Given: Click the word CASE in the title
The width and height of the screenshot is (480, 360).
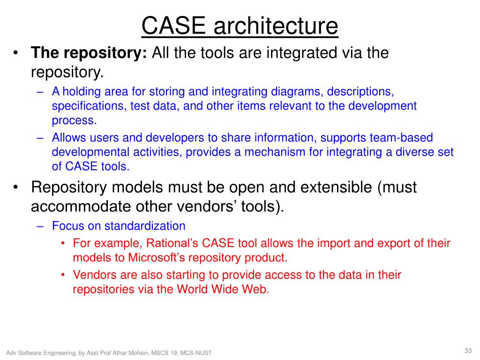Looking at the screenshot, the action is tap(174, 26).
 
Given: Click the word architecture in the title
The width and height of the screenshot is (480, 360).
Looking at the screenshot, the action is tap(276, 26).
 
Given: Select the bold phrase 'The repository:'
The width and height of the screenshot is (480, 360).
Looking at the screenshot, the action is tap(89, 53).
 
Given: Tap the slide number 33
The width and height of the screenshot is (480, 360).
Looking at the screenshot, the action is tap(468, 351).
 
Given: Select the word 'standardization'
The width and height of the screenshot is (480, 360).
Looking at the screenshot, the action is tap(145, 226).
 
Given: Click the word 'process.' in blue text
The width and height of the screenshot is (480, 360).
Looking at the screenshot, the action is tap(74, 120).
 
